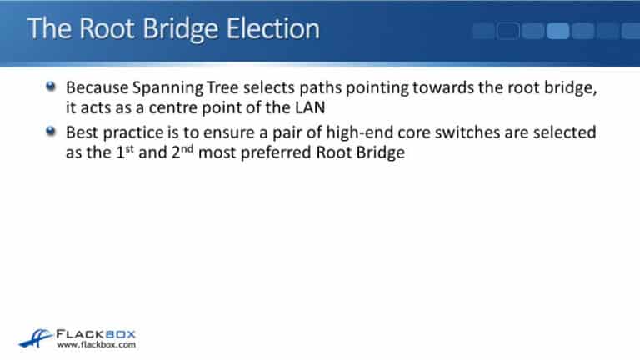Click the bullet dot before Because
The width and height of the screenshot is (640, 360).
coord(52,87)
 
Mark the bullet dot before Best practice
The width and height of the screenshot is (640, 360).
coord(52,132)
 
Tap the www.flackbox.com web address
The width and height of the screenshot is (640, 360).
coord(96,344)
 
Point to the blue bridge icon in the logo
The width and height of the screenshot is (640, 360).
coord(35,337)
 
